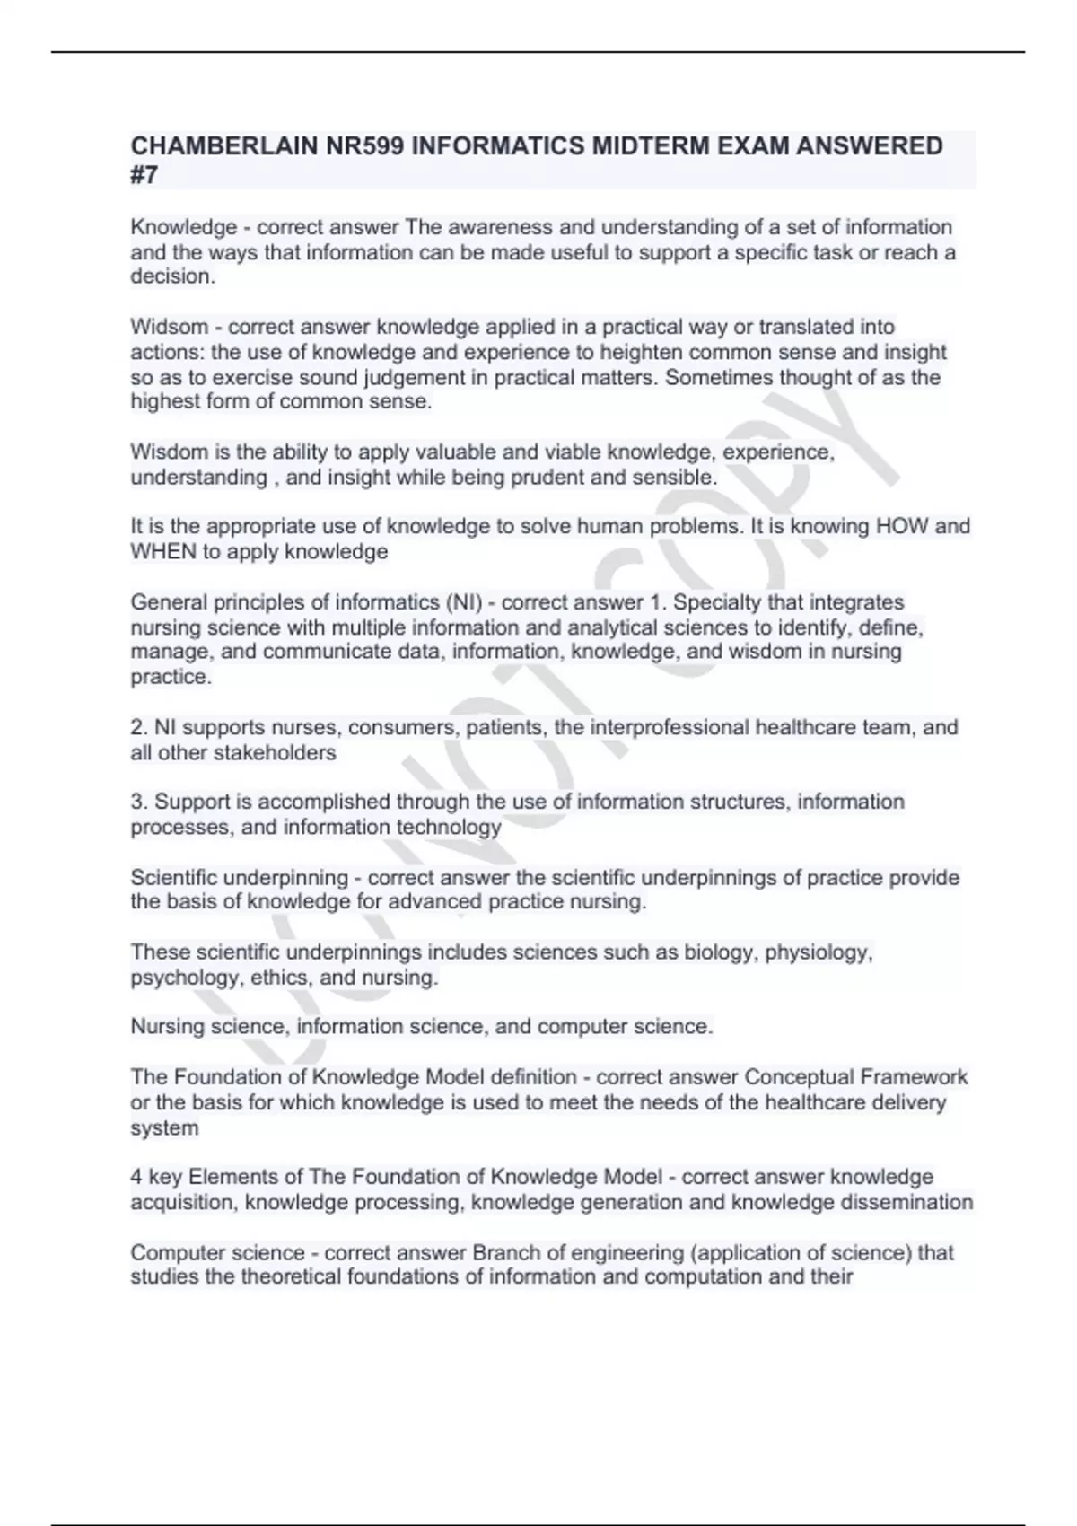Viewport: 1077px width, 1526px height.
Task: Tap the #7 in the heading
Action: (x=144, y=175)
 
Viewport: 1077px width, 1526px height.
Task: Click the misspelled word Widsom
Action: (x=170, y=327)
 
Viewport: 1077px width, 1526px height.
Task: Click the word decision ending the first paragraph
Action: (x=172, y=276)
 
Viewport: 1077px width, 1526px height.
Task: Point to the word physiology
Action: (x=819, y=952)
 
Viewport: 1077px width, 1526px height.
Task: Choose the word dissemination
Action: (x=906, y=1202)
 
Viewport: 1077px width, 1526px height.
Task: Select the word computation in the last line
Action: (x=704, y=1276)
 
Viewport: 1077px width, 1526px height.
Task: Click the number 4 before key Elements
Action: (x=136, y=1177)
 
